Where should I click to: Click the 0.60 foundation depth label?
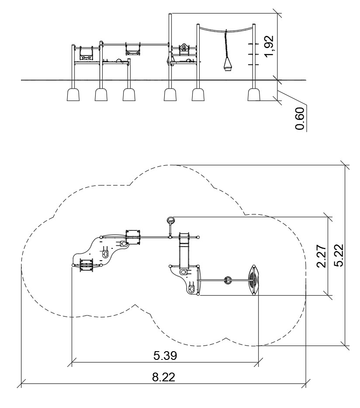coord(300,119)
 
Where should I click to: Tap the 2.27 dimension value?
coord(322,256)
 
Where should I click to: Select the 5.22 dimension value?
coord(339,255)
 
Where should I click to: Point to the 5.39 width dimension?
coord(165,356)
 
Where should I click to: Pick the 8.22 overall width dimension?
coord(164,377)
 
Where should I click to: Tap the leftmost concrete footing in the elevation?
coord(73,94)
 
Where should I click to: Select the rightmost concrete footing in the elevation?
coord(254,94)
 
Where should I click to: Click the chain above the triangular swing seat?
coord(225,44)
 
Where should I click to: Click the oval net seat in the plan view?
coord(253,280)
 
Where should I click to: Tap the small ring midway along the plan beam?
coord(228,280)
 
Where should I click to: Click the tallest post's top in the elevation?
coord(170,13)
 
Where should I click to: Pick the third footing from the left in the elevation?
coord(129,94)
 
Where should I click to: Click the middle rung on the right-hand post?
coord(253,54)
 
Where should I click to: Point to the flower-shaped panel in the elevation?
coord(184,48)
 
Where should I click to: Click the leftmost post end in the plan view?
coord(73,265)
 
